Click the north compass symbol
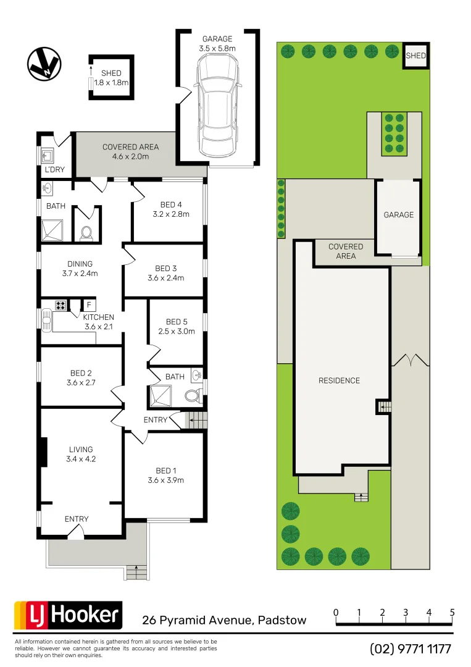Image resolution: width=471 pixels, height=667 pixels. (x=44, y=64)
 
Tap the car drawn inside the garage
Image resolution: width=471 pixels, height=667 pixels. (x=217, y=104)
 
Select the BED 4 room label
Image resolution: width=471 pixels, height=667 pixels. (x=170, y=204)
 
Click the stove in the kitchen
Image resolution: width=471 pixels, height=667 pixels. (x=61, y=304)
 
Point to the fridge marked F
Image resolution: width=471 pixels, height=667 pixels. (x=88, y=305)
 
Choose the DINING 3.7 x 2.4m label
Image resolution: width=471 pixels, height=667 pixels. (x=80, y=268)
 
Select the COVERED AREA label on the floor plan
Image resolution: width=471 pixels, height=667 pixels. (x=130, y=151)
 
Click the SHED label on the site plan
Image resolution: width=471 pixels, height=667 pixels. (x=415, y=56)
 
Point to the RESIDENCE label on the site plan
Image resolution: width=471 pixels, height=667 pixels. (x=339, y=380)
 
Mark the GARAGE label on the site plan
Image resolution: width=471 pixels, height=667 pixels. (x=399, y=215)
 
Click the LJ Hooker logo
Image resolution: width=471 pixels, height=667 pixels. (x=68, y=615)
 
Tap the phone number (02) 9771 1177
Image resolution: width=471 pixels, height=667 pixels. (x=411, y=649)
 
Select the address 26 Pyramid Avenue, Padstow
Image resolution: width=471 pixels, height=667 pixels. (x=224, y=620)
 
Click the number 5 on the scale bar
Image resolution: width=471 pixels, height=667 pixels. (x=452, y=613)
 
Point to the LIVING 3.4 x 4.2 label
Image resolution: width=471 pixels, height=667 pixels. (x=81, y=454)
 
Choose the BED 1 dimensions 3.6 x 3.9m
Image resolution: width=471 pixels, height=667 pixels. (x=165, y=480)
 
